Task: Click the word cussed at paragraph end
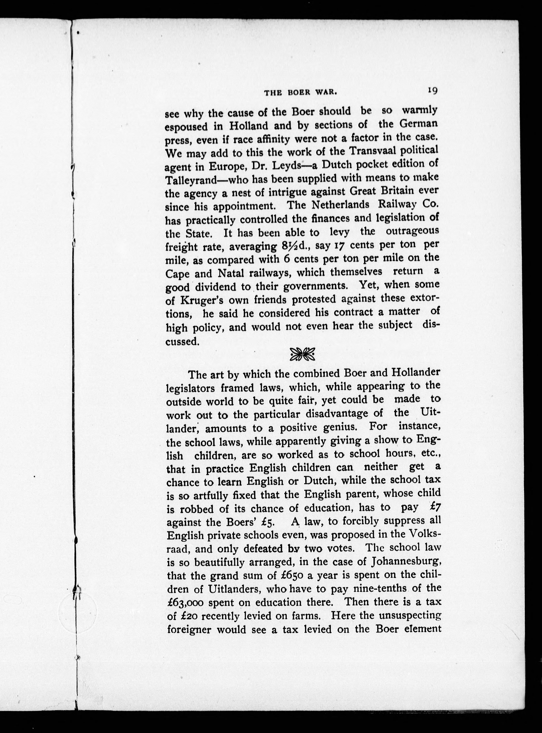pos(182,341)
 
